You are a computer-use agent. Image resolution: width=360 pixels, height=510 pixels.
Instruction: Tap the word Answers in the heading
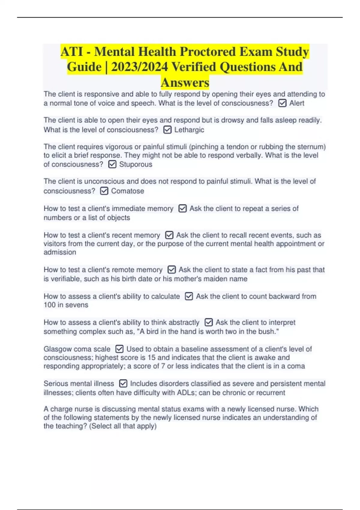[185, 82]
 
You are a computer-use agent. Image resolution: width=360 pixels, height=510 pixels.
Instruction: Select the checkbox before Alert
[282, 103]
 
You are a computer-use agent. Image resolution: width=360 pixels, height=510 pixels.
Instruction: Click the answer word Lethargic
[189, 130]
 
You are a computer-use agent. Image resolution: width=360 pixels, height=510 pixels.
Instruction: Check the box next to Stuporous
[112, 164]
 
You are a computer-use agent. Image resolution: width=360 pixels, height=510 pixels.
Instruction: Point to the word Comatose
[127, 191]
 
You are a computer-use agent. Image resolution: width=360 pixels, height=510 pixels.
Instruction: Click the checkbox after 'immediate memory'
[182, 208]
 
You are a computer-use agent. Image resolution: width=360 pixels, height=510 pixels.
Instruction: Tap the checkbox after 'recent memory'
[169, 235]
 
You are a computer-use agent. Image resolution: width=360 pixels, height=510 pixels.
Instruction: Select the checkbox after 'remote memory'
[172, 270]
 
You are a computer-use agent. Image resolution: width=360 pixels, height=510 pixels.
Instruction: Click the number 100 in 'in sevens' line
[49, 305]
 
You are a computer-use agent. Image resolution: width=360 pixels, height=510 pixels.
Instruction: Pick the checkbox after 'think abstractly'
[208, 322]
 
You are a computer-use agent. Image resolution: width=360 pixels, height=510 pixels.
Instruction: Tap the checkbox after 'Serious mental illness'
[123, 384]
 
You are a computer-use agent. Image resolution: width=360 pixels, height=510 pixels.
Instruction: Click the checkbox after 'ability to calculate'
[189, 296]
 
